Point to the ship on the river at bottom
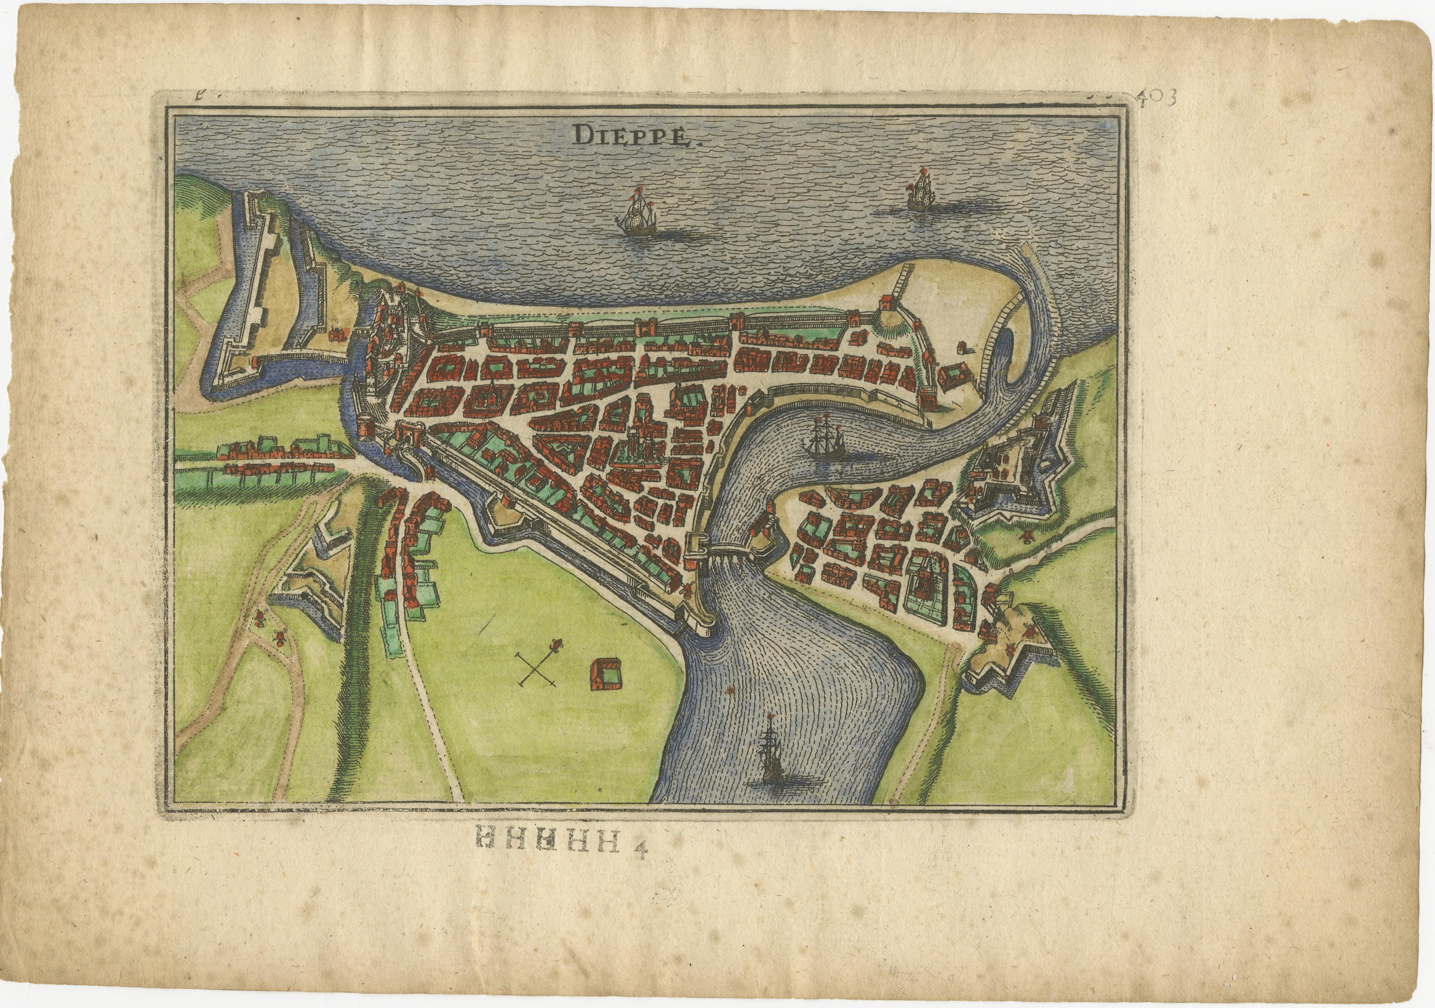coord(770,754)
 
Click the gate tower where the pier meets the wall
coord(886,306)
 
